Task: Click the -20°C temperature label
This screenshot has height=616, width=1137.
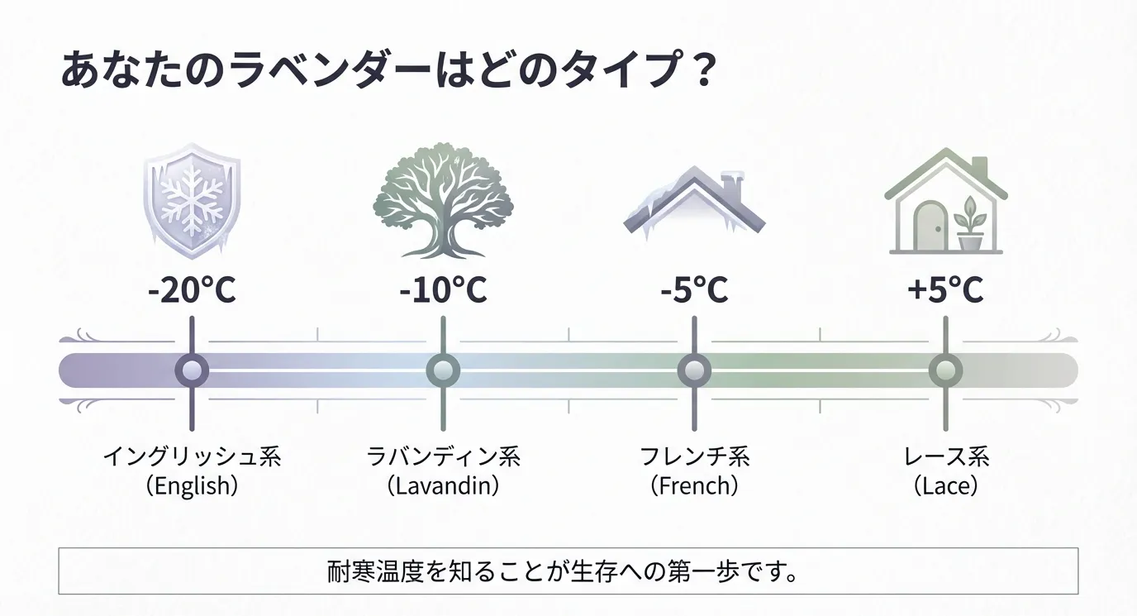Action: point(192,290)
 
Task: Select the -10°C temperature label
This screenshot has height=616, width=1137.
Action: point(443,290)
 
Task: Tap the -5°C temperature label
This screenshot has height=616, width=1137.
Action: point(694,290)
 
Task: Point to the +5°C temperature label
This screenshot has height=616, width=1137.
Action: point(945,290)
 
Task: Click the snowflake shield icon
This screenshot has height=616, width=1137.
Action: point(192,201)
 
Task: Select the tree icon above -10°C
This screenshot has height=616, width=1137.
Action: point(443,201)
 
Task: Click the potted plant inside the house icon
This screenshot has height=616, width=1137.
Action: point(969,224)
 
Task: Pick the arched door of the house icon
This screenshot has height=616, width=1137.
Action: point(930,227)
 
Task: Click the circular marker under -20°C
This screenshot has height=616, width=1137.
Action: point(192,370)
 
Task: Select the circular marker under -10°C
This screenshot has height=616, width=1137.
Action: point(443,370)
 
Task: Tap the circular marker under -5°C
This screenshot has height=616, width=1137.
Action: point(694,370)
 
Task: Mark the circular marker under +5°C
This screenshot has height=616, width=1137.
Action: point(945,370)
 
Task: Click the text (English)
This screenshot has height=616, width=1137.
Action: point(192,486)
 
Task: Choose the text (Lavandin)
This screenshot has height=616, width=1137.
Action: point(443,486)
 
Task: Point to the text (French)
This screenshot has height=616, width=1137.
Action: point(694,486)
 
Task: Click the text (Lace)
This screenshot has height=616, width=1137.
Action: point(945,486)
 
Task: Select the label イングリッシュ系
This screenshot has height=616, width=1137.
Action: point(192,456)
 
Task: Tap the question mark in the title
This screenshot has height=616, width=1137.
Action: point(702,69)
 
